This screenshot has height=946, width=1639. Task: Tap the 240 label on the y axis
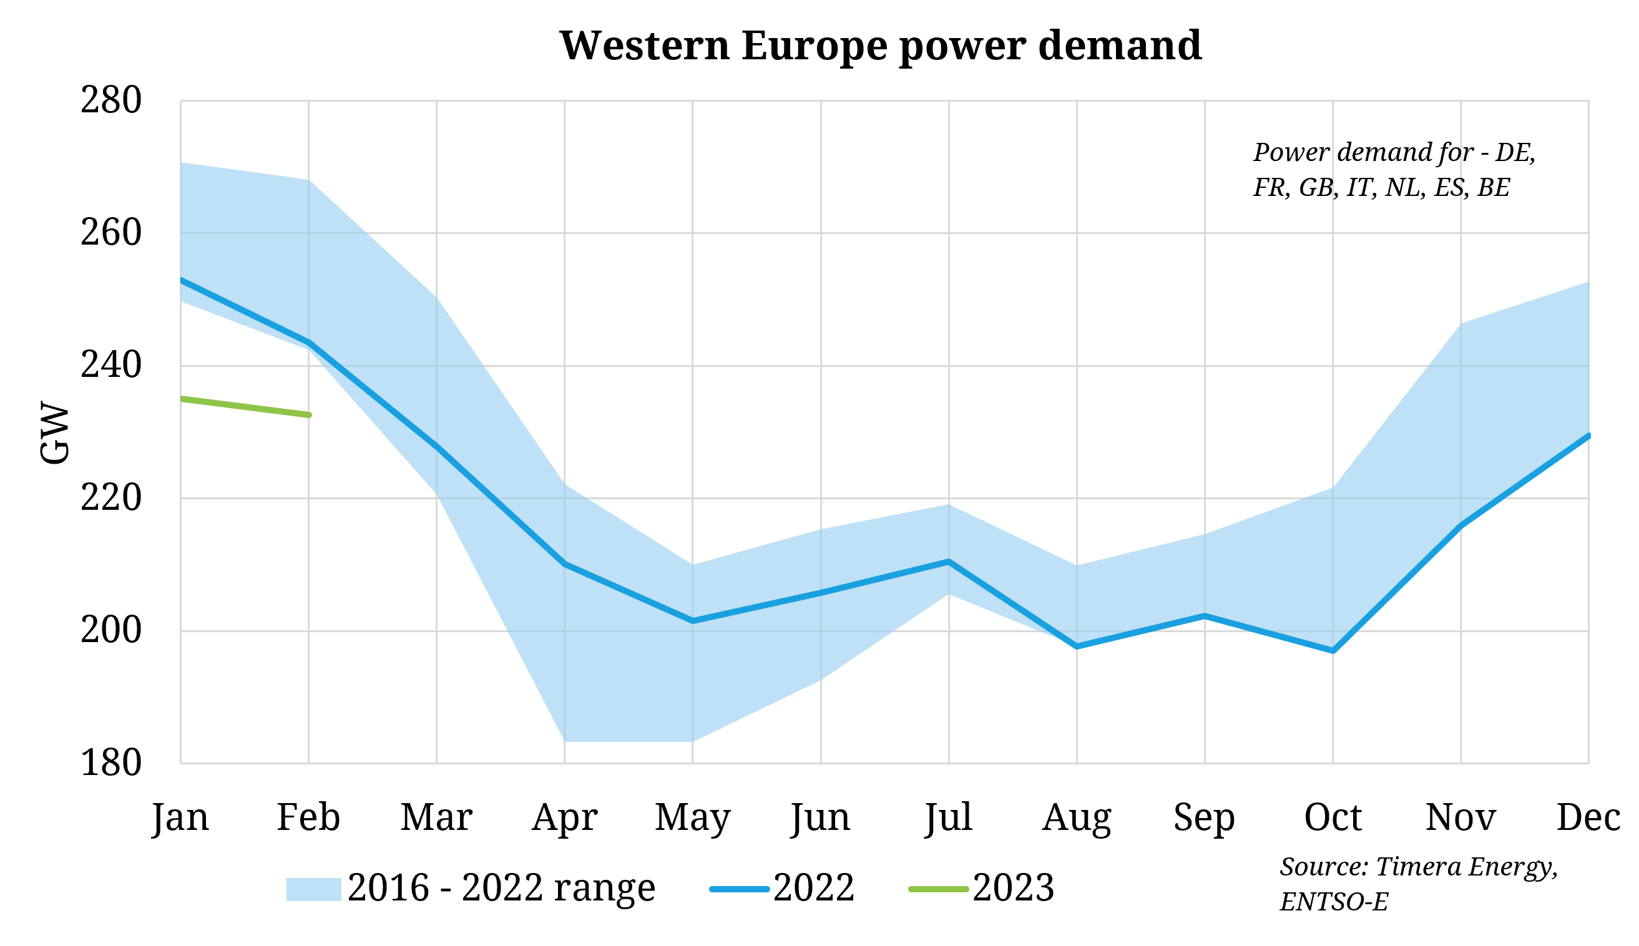(x=110, y=366)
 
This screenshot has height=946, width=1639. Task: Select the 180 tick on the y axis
(x=110, y=763)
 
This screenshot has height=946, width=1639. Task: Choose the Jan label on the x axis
(x=180, y=818)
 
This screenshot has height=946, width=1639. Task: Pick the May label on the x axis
(x=692, y=818)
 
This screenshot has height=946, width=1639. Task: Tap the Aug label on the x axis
(x=1076, y=818)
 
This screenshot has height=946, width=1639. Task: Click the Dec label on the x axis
(x=1588, y=818)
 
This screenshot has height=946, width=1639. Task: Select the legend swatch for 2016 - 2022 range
(x=313, y=889)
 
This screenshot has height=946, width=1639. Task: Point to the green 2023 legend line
(x=938, y=889)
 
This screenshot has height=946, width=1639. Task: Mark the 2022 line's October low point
(x=1333, y=650)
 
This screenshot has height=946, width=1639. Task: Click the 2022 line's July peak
(x=949, y=562)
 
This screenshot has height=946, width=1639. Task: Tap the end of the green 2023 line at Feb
(x=309, y=414)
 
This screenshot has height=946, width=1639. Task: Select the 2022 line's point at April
(x=564, y=564)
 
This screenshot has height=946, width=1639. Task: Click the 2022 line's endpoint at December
(x=1587, y=436)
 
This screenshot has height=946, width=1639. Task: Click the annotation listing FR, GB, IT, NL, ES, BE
(x=1381, y=188)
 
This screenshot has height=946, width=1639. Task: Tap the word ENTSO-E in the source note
(x=1334, y=902)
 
